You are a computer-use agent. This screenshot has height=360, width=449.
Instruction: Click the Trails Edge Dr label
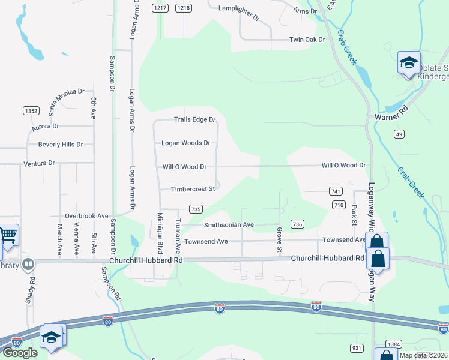coord(194,119)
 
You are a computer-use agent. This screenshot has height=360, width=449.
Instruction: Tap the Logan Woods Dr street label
coord(186,143)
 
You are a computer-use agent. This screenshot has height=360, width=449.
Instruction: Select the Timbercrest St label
coord(193,189)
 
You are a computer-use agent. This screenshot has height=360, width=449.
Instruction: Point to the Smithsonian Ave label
coord(229,225)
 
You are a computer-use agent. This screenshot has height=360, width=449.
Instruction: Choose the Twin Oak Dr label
coord(307,40)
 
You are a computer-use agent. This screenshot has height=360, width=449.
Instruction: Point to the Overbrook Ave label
coord(86,215)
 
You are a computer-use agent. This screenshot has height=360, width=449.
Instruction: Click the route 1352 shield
coord(31,111)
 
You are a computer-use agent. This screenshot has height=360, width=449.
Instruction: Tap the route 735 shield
coord(195,209)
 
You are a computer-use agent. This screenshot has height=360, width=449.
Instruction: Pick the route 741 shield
coord(336,191)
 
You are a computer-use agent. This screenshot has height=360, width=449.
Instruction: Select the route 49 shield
coord(399,134)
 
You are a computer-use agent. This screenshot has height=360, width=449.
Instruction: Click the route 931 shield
coord(357,348)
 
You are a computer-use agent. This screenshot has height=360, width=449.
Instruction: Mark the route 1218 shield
coord(184,8)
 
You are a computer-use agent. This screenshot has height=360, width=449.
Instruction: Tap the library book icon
coord(28,264)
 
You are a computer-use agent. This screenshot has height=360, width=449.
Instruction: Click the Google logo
coord(19,352)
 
